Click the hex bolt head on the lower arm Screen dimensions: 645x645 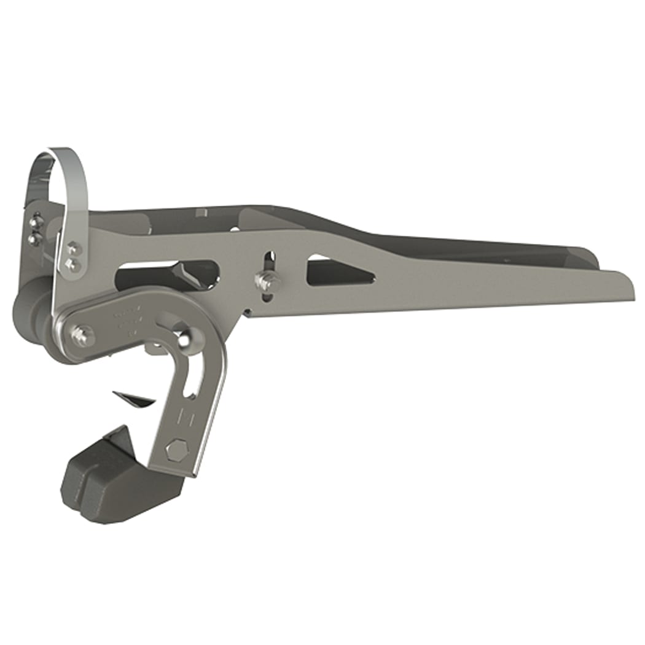(x=176, y=452)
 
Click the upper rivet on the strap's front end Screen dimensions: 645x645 (x=73, y=248)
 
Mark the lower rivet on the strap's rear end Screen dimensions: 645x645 (x=34, y=237)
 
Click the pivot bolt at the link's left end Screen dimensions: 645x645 (x=80, y=335)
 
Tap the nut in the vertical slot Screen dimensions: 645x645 (x=267, y=281)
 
